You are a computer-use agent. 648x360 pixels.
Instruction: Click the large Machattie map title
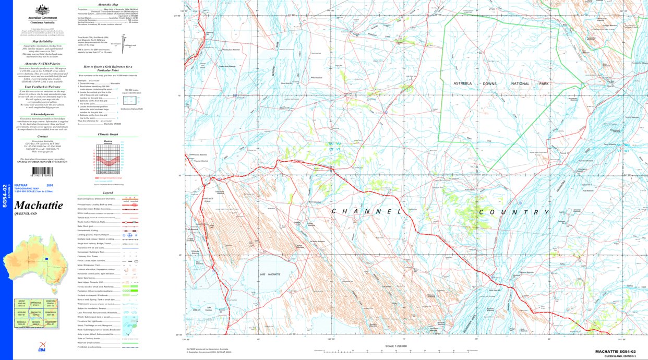tap(39, 206)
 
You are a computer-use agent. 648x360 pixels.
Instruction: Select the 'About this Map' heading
tap(109, 4)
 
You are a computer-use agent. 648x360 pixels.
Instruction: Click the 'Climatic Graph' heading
tap(108, 134)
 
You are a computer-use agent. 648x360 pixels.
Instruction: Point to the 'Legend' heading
tap(108, 193)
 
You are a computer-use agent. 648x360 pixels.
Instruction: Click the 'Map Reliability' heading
tap(43, 41)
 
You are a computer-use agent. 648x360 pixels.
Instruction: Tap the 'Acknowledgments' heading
tap(43, 114)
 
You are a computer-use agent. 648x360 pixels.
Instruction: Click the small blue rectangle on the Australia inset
tap(46, 259)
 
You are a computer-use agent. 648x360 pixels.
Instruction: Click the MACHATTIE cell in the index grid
tap(36, 314)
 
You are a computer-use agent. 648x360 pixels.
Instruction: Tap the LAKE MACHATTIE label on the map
tap(271, 274)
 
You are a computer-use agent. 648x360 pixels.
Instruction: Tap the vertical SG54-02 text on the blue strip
tap(5, 196)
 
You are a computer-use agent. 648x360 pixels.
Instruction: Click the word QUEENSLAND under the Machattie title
tap(26, 213)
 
